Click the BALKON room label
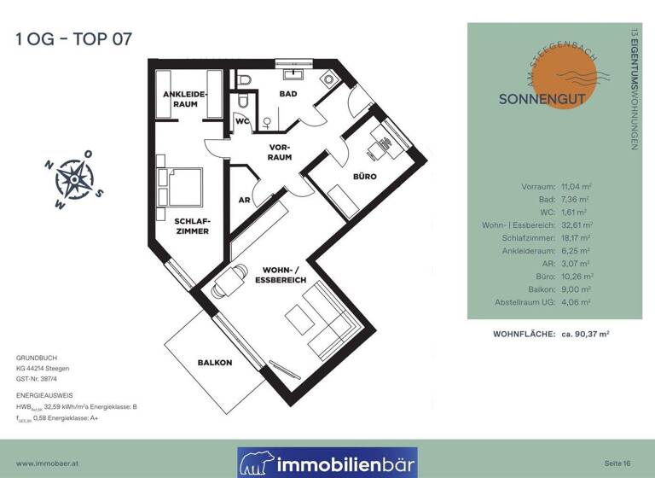point(214,363)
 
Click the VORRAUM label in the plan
point(280,152)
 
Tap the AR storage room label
point(244,200)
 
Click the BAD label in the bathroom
point(288,94)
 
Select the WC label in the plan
point(241,120)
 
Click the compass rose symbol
point(76,178)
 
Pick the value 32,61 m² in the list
point(576,224)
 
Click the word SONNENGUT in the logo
point(542,99)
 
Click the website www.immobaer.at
point(49,462)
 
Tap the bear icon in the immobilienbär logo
point(257,463)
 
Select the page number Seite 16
point(618,462)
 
